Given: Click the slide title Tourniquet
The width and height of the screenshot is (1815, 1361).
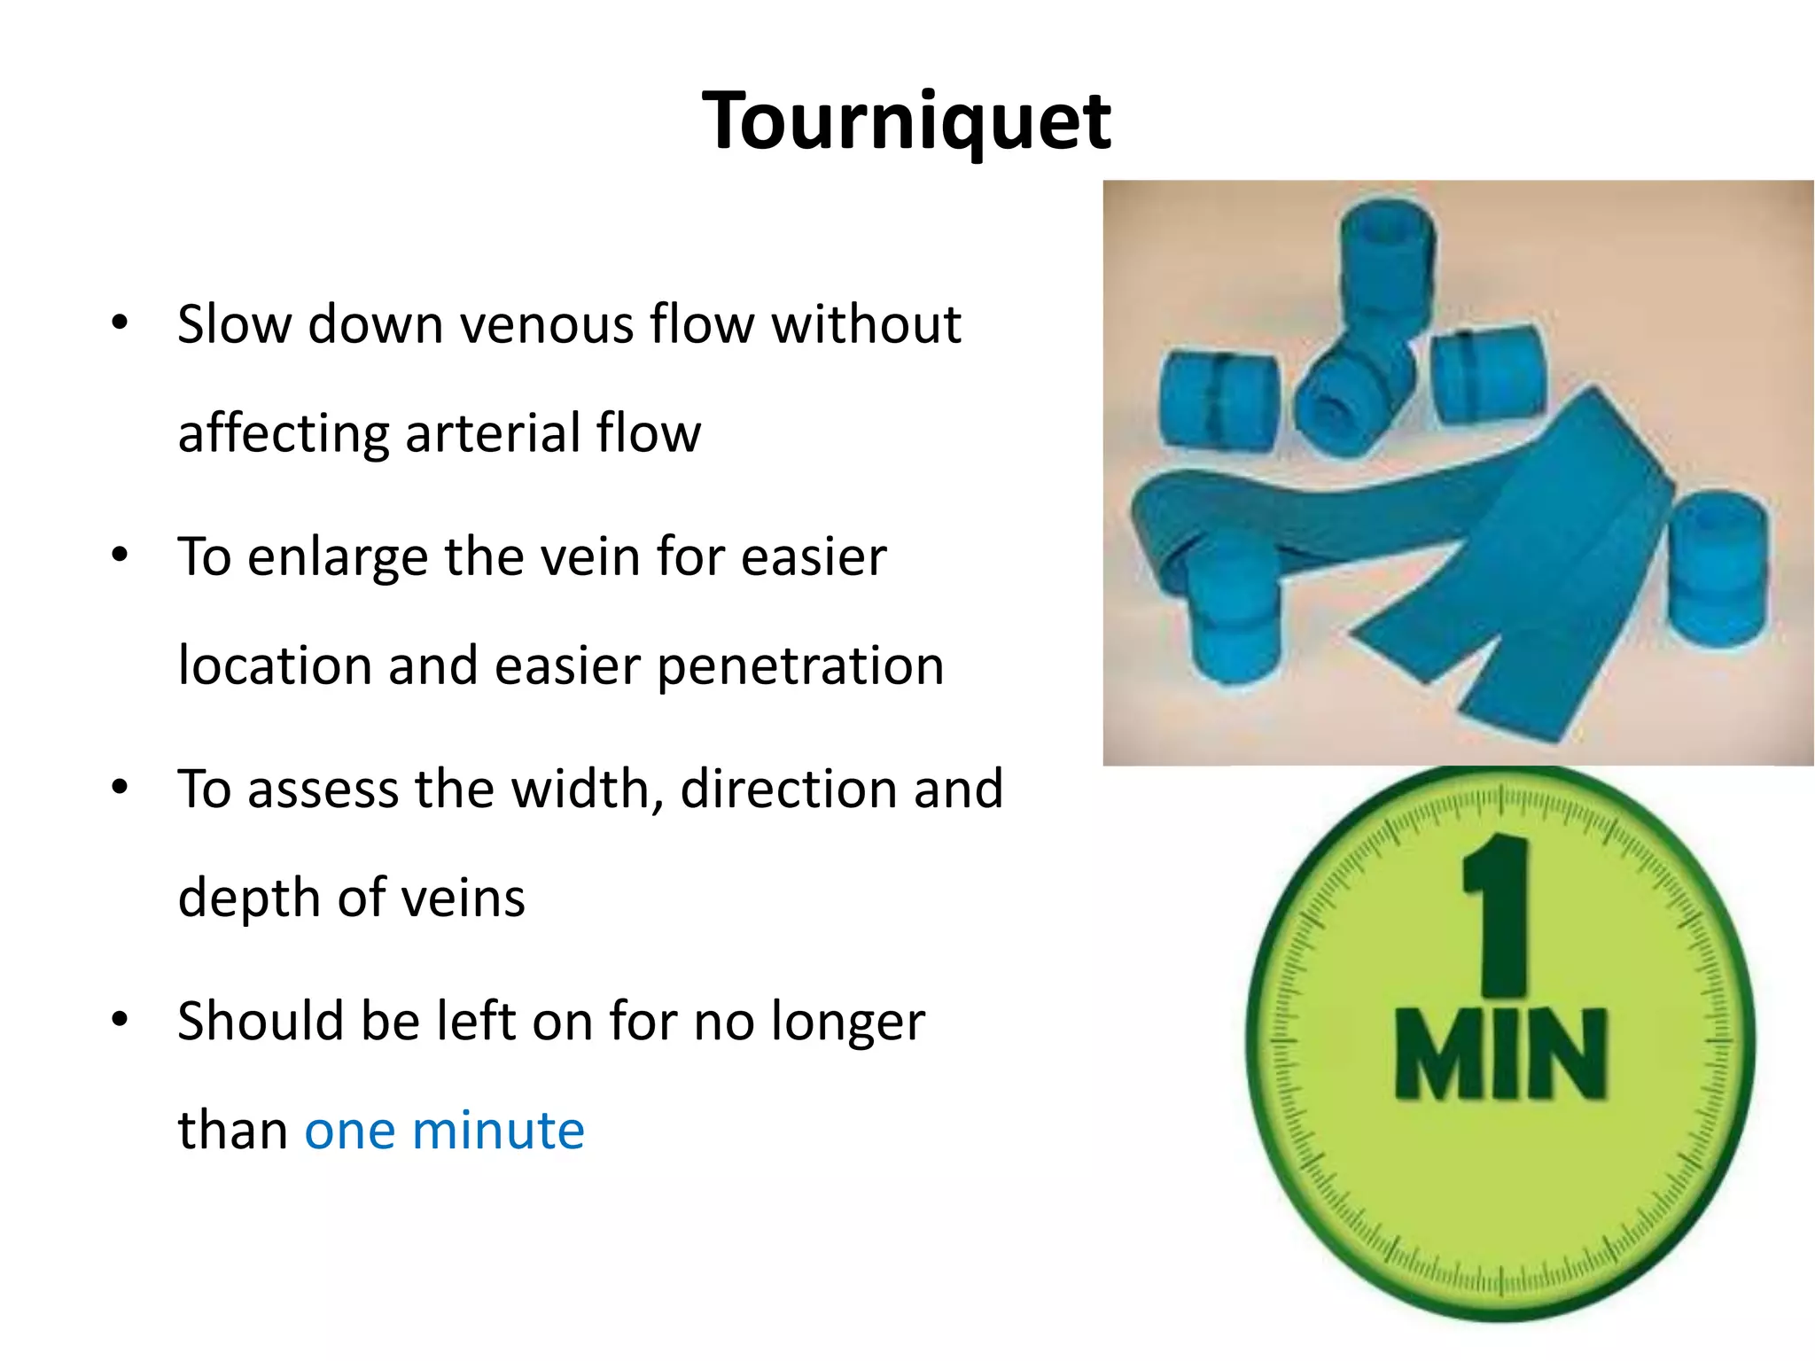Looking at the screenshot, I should pos(906,121).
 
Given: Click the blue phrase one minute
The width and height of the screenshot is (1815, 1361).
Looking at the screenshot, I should pos(444,1131).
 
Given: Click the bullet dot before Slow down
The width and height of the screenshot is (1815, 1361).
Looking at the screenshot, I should pos(121,323).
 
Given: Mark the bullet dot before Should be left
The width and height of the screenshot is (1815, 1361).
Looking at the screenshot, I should pos(121,1020).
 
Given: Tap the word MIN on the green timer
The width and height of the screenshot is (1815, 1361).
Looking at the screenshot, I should pos(1500,1054).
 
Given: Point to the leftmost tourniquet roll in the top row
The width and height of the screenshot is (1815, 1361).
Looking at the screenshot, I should pos(1218,399).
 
